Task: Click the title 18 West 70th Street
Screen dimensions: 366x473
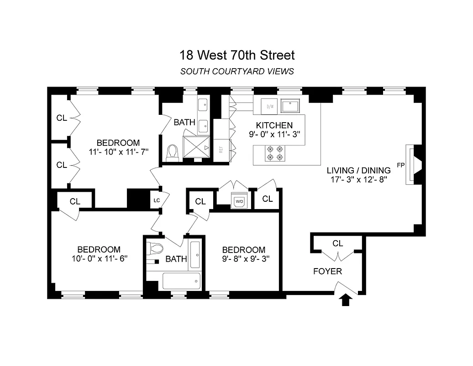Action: (x=236, y=55)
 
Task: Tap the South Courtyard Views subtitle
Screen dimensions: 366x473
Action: (x=236, y=71)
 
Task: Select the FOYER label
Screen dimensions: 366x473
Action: (x=327, y=271)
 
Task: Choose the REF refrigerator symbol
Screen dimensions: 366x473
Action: (x=221, y=150)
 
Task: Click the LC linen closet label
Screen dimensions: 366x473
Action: (x=156, y=199)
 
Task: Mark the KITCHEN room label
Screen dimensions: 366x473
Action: (x=274, y=125)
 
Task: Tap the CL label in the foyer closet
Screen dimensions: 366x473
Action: (x=337, y=243)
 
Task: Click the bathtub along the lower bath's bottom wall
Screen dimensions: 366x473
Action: (x=181, y=280)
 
